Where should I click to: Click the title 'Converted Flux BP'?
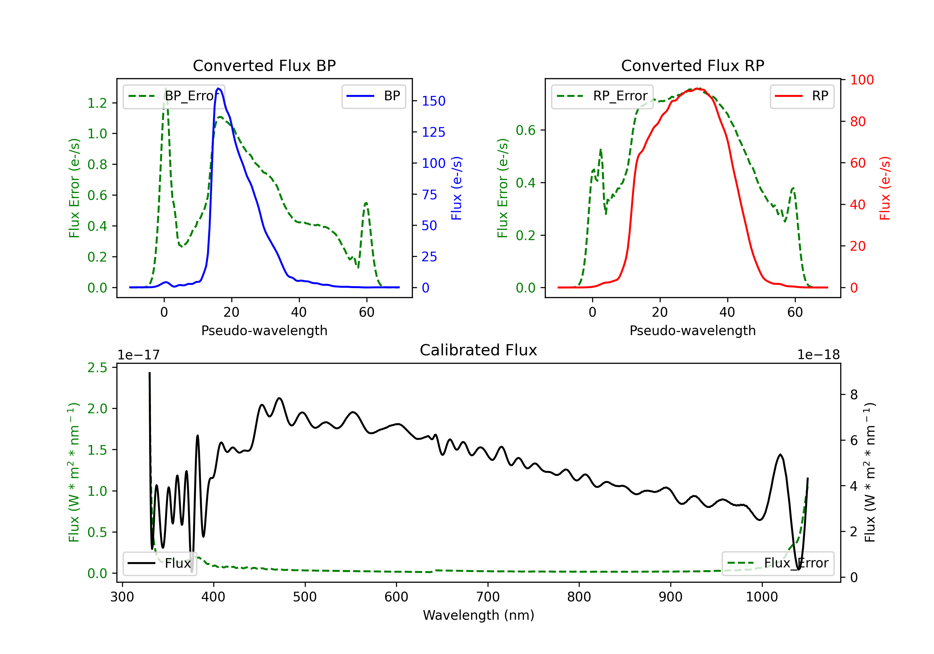[264, 65]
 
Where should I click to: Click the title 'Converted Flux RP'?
[692, 65]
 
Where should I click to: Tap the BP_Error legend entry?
[174, 96]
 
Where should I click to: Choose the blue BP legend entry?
[373, 96]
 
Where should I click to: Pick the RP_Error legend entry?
[602, 96]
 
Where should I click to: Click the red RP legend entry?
[802, 96]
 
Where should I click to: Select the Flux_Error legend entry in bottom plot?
[778, 563]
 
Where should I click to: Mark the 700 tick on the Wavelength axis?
[487, 597]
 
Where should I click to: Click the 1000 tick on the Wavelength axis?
[762, 597]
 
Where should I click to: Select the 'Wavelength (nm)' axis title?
[479, 615]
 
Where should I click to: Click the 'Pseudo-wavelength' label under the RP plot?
[692, 330]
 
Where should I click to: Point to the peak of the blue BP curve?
[219, 88]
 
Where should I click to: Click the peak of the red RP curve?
[697, 88]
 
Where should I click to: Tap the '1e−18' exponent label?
[818, 355]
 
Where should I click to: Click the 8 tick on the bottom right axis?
[854, 395]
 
